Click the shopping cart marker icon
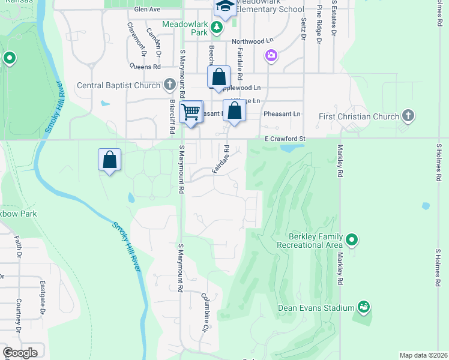(x=191, y=112)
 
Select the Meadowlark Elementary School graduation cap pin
(x=225, y=8)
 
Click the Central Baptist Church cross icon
(x=170, y=85)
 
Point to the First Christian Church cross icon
(x=408, y=115)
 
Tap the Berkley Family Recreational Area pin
(x=352, y=241)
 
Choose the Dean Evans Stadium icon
(x=363, y=308)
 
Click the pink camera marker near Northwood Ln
(x=271, y=56)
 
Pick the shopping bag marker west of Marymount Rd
(x=110, y=160)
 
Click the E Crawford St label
(x=286, y=139)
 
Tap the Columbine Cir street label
(x=205, y=312)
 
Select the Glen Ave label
(x=147, y=10)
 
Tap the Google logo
(x=20, y=352)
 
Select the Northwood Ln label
(x=248, y=41)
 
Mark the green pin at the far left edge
(x=9, y=58)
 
